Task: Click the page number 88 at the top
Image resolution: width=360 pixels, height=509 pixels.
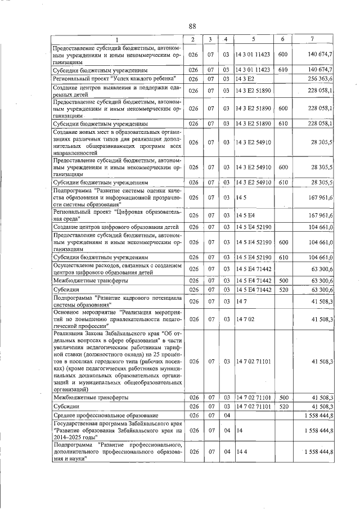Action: pyautogui.click(x=192, y=26)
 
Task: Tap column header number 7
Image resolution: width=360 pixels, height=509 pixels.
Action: pyautogui.click(x=313, y=39)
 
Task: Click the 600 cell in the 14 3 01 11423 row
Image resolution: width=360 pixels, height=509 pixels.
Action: pyautogui.click(x=282, y=55)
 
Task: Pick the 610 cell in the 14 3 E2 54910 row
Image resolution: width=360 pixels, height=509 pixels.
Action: pyautogui.click(x=282, y=182)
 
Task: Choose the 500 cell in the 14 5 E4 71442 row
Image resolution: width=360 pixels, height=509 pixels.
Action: pyautogui.click(x=282, y=280)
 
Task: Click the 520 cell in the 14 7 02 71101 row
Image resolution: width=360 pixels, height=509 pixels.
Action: pyautogui.click(x=282, y=406)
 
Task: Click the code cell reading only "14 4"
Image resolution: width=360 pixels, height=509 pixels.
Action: pyautogui.click(x=242, y=452)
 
